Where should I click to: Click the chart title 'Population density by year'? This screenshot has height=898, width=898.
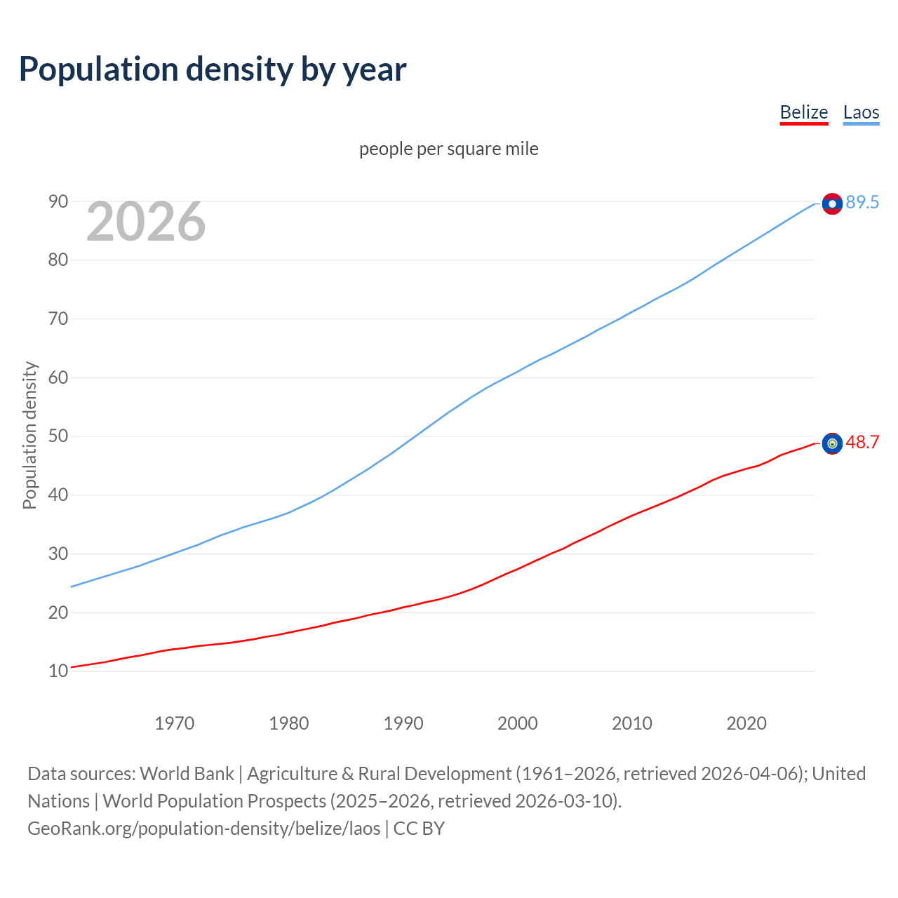click(213, 69)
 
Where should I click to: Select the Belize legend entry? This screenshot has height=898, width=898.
click(804, 112)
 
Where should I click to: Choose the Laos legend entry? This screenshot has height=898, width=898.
click(861, 112)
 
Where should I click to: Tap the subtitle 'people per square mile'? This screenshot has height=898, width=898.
click(449, 149)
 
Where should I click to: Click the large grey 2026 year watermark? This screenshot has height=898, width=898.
click(146, 222)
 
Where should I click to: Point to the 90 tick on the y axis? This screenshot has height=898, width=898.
click(58, 202)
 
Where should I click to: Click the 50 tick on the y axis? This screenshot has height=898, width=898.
click(58, 436)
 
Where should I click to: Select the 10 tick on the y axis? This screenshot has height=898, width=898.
click(58, 671)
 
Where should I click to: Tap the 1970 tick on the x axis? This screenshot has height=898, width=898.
click(174, 723)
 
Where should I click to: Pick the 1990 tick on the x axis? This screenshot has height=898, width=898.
click(403, 723)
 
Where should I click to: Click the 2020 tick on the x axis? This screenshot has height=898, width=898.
click(746, 723)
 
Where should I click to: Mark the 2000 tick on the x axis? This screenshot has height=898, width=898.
click(518, 723)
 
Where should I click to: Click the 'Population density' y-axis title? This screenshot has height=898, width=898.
click(29, 435)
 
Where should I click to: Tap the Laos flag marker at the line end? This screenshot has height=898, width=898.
click(832, 203)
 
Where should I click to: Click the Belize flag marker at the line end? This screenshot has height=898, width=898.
click(832, 443)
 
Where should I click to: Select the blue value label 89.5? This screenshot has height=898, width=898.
click(862, 202)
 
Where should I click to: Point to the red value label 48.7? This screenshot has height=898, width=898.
click(862, 442)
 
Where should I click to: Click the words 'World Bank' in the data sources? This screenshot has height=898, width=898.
click(187, 774)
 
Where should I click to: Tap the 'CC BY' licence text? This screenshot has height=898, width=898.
click(419, 829)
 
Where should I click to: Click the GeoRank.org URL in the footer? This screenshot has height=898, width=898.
click(203, 829)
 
